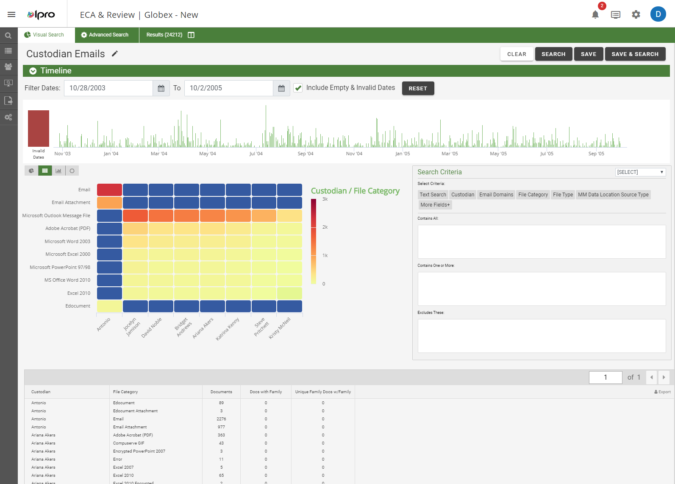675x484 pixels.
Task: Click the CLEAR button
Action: (x=517, y=54)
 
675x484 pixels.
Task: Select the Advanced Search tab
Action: (x=107, y=35)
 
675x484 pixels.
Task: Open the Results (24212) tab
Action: (x=164, y=35)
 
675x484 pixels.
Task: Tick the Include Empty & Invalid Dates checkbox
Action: (x=298, y=88)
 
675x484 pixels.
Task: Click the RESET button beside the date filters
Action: (x=418, y=88)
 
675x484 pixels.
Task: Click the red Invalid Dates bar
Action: (x=39, y=128)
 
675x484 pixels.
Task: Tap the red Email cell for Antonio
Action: (x=109, y=190)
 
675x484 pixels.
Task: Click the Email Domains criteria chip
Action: (x=496, y=195)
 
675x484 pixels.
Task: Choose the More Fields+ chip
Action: (x=435, y=205)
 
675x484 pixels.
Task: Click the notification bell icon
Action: (x=595, y=15)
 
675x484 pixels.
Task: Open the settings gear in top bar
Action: (x=636, y=15)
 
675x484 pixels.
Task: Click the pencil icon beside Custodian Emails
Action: (x=115, y=53)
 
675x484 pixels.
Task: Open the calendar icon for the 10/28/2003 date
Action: (x=161, y=88)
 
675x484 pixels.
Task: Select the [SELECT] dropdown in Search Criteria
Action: (x=640, y=172)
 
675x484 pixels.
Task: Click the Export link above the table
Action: (x=663, y=392)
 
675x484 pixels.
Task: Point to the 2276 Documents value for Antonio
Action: (x=221, y=419)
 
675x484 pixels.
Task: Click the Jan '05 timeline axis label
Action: (x=403, y=154)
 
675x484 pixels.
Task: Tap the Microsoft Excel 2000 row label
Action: (x=68, y=254)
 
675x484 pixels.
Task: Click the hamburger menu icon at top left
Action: (x=11, y=14)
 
